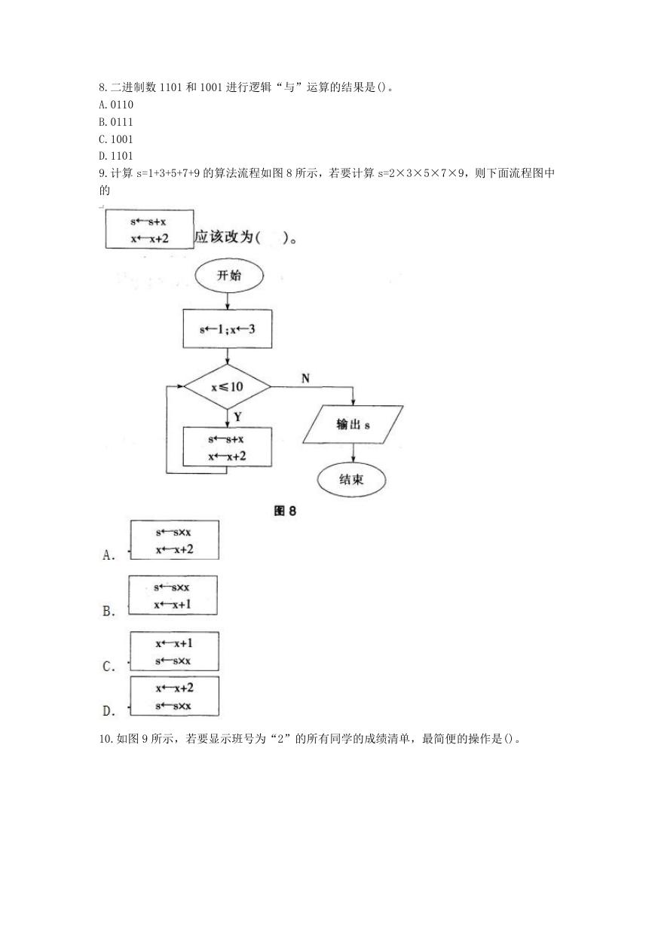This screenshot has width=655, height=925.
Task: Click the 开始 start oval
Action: click(229, 276)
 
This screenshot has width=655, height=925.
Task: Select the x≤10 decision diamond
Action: click(228, 386)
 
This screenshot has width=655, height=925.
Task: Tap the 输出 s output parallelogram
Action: click(353, 425)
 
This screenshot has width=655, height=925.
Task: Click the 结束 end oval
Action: click(352, 479)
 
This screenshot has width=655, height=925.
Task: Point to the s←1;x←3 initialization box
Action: click(228, 328)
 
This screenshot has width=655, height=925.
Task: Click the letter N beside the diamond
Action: click(305, 378)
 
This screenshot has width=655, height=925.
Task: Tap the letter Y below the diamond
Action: click(237, 417)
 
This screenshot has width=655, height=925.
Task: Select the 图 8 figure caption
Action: click(285, 511)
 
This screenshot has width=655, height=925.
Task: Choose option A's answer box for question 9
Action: click(175, 540)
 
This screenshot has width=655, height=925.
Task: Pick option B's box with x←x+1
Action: click(173, 595)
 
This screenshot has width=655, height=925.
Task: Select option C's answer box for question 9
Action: click(174, 651)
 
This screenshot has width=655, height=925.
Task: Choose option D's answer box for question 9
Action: click(174, 696)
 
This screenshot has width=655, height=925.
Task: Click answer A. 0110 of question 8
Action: click(116, 105)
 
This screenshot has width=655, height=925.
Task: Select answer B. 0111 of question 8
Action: click(116, 122)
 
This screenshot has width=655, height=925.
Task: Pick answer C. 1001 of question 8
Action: click(116, 139)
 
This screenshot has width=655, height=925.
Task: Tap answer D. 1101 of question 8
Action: click(116, 156)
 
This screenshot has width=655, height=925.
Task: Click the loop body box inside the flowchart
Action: click(228, 447)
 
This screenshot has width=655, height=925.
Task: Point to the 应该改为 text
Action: click(224, 237)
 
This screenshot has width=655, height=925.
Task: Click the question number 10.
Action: click(106, 738)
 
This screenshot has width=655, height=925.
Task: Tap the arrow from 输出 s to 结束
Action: click(354, 453)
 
